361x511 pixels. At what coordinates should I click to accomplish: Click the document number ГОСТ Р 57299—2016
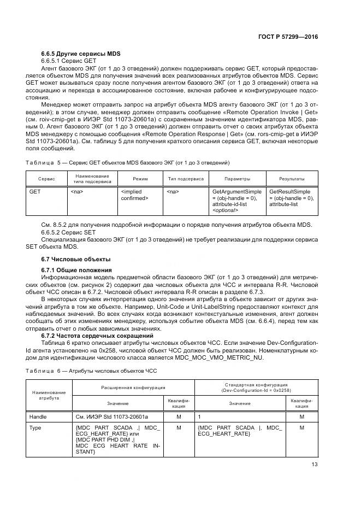[289, 36]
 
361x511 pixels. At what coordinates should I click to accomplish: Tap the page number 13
[313, 465]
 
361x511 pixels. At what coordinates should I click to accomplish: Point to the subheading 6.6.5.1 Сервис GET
[68, 61]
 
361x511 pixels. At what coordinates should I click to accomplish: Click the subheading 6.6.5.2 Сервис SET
[68, 232]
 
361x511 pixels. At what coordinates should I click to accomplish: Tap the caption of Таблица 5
[128, 163]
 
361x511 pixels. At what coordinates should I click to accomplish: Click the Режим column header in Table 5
[140, 179]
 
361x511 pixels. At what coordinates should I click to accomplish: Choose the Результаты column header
[292, 179]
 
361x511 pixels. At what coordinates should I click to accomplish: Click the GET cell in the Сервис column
[35, 192]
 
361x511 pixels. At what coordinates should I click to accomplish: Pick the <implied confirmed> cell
[134, 195]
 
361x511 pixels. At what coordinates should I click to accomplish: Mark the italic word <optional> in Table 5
[224, 210]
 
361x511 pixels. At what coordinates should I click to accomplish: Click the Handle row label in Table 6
[38, 417]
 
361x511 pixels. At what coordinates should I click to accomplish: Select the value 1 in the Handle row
[199, 417]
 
